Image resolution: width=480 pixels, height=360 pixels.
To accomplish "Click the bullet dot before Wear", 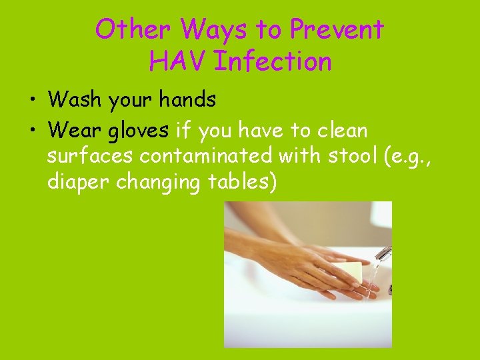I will pyautogui.click(x=31, y=131).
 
